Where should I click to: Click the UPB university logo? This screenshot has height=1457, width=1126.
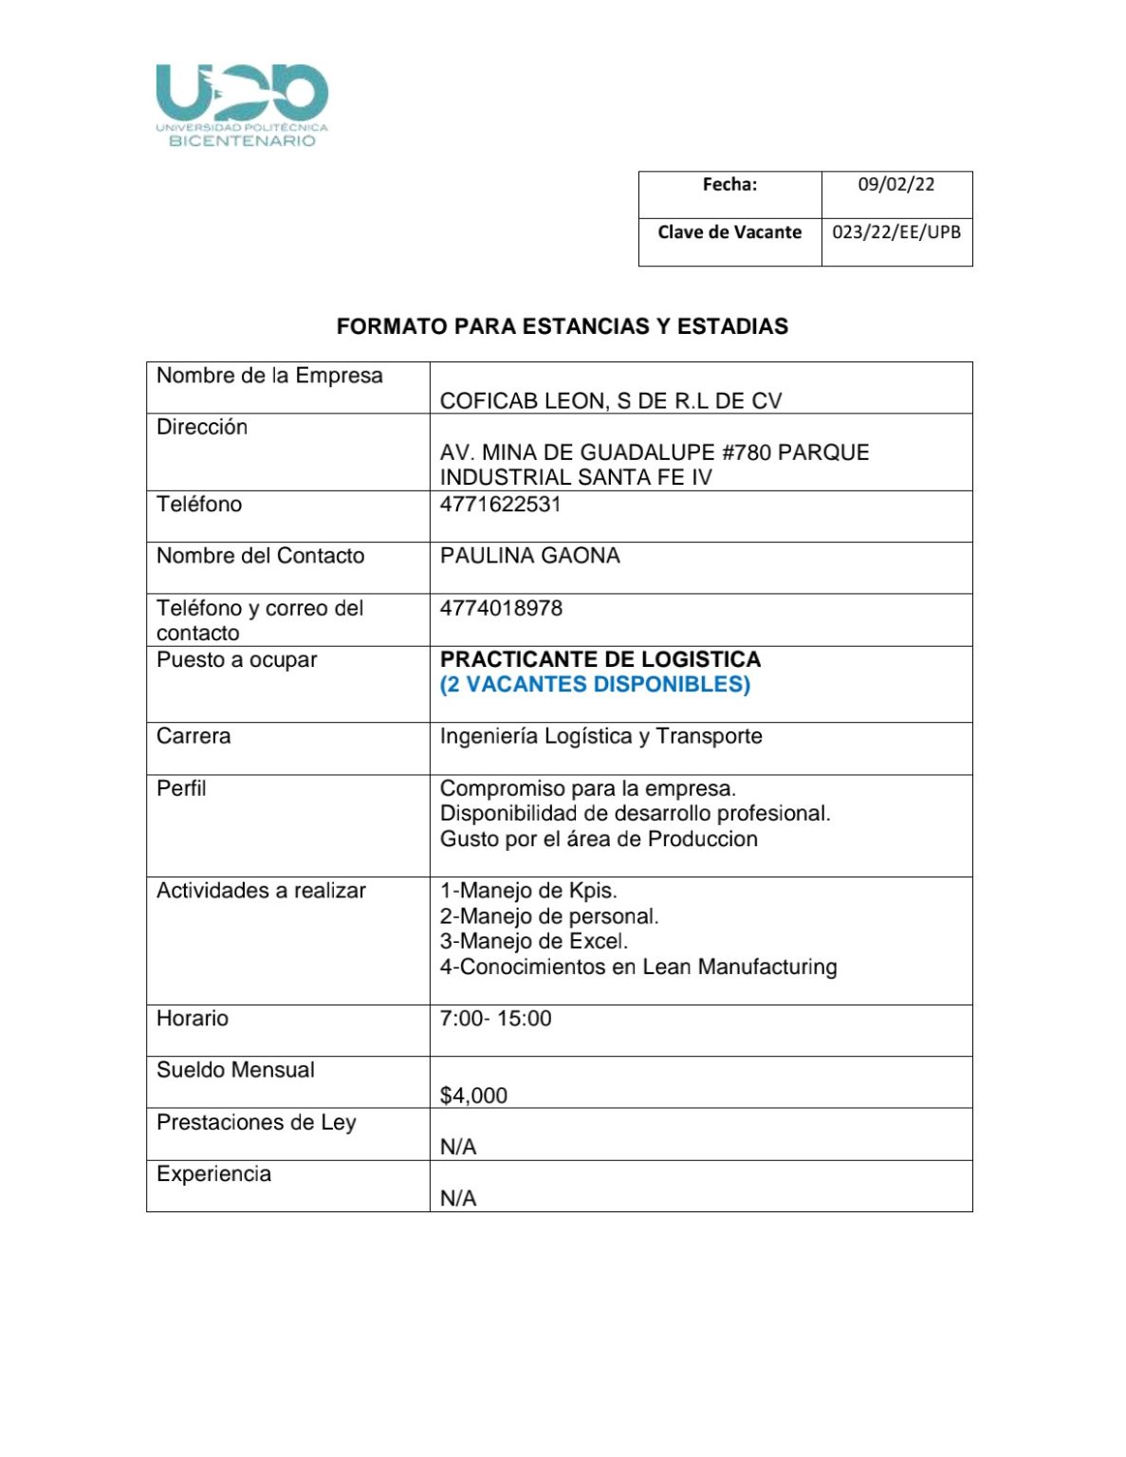coord(242,104)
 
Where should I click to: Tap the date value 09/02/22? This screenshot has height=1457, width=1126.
coord(895,184)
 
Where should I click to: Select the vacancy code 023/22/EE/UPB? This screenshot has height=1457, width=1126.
coord(895,231)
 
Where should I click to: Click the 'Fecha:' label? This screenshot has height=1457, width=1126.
coord(729,184)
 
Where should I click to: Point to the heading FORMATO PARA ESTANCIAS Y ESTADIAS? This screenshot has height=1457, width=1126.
coord(562,326)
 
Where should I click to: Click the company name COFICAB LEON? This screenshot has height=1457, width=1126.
coord(610,401)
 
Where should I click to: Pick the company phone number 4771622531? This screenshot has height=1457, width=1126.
coord(500,505)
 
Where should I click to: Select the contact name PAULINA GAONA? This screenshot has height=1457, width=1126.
coord(529,556)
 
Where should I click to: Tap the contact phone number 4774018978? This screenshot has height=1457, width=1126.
coord(501,608)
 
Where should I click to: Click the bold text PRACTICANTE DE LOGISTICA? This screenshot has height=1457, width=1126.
coord(600,659)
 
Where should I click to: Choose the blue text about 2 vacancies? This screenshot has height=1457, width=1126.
coord(595,685)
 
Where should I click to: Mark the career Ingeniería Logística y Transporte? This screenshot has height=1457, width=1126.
coord(600,736)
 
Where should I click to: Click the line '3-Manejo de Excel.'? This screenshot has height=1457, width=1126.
coord(533,941)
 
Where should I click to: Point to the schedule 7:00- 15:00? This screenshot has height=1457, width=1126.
coord(495,1019)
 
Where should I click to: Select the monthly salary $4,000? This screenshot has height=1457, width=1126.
coord(473,1096)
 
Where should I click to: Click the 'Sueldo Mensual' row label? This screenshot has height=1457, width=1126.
coord(235,1070)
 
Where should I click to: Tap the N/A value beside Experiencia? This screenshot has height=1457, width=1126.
coord(458,1199)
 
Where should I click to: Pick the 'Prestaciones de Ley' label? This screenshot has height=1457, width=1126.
coord(256,1122)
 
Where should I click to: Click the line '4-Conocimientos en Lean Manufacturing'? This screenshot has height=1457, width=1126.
coord(637,967)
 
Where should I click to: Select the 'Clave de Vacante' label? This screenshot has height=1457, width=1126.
coord(729,231)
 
